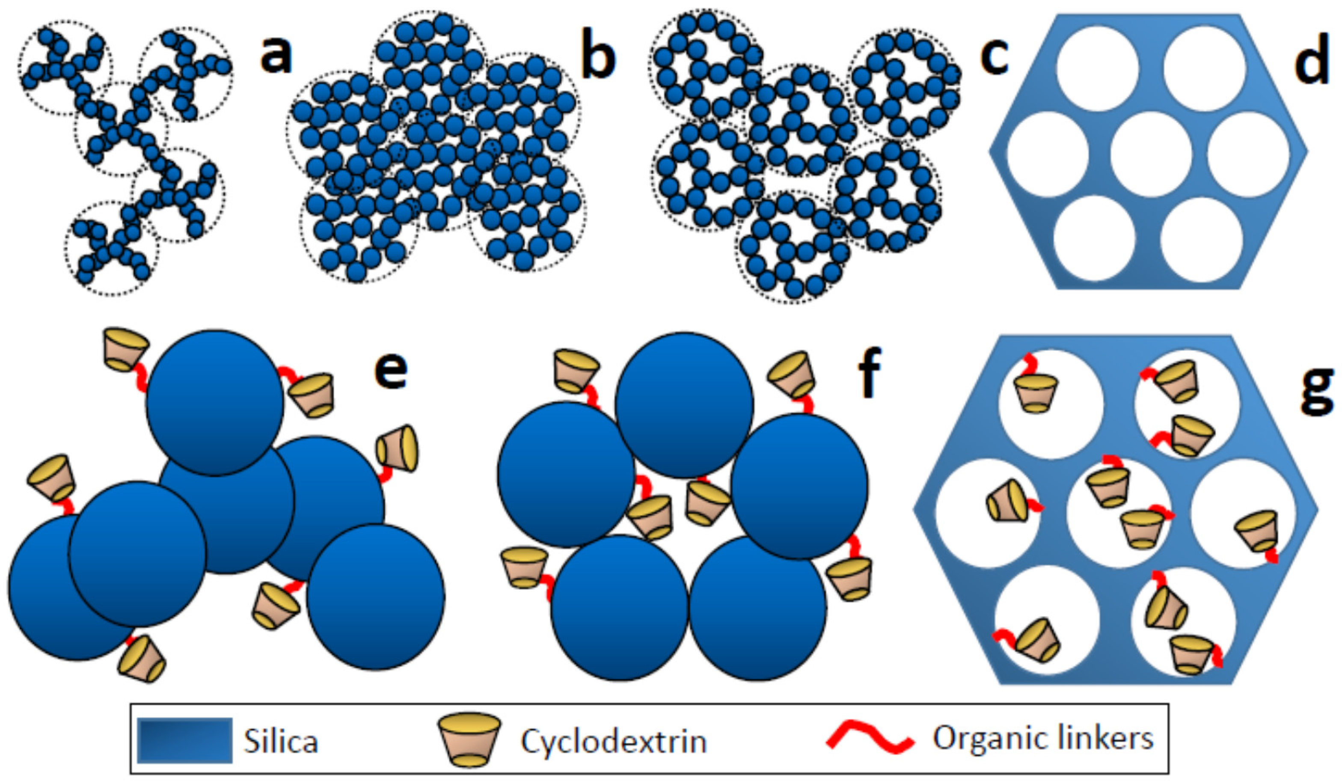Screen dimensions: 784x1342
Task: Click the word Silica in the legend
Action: coord(281,741)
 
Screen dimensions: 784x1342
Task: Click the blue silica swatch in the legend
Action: coord(184,741)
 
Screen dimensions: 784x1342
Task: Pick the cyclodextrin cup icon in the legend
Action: coord(469,741)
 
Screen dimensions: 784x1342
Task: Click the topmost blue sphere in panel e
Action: coord(215,402)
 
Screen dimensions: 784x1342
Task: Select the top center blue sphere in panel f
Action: coord(684,405)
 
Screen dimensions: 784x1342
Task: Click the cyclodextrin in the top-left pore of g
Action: coord(1035,392)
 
